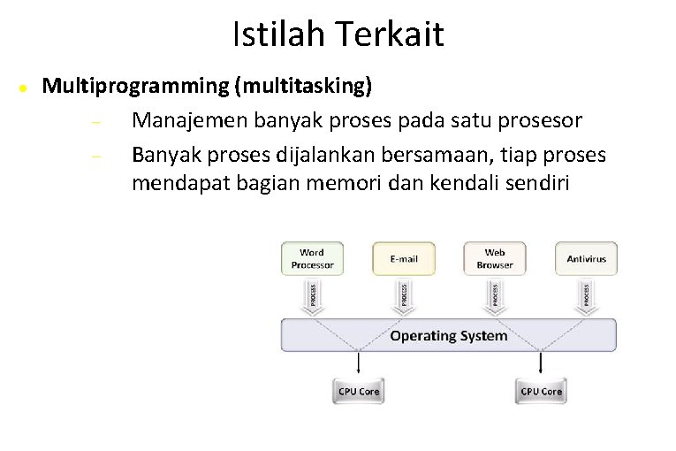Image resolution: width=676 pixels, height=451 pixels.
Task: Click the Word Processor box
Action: (312, 258)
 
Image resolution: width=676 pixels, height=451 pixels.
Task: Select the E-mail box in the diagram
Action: (403, 258)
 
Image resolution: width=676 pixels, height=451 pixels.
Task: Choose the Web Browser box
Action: (495, 258)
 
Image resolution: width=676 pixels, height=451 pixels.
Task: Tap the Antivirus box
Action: (586, 258)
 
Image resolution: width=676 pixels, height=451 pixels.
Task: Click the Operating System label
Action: (449, 336)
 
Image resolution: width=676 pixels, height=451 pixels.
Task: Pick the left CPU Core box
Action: (359, 390)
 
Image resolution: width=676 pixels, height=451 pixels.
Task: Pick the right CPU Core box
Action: (542, 390)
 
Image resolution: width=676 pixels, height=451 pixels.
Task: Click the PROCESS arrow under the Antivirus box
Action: (586, 294)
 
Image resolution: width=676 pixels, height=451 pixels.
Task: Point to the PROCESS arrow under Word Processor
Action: (312, 294)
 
